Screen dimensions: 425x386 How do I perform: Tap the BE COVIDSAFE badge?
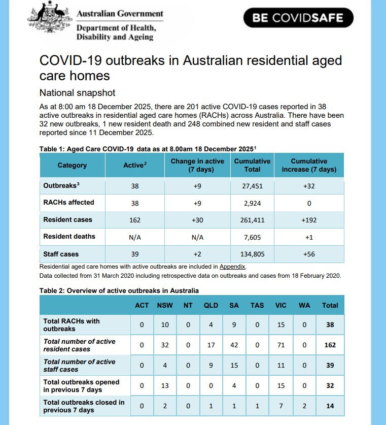[298, 18]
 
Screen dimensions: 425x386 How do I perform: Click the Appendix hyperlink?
[232, 266]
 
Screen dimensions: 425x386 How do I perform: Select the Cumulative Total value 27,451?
[252, 186]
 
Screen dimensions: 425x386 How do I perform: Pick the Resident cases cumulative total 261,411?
[252, 220]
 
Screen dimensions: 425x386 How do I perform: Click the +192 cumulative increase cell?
[309, 220]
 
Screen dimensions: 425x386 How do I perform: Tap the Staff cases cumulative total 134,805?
[252, 254]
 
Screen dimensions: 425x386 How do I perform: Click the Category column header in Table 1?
[72, 165]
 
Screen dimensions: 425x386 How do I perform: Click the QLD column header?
[211, 305]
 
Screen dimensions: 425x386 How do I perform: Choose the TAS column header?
[257, 305]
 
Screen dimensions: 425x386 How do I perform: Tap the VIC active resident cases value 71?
[280, 345]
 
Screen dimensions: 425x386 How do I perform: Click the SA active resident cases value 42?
[234, 345]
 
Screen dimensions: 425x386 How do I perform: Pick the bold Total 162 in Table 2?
[330, 345]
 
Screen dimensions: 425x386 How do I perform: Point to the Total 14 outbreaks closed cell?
[330, 406]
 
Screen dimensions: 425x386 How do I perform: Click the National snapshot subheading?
[78, 93]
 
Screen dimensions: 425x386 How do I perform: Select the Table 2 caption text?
[119, 291]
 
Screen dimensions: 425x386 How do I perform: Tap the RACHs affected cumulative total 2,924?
[252, 203]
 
